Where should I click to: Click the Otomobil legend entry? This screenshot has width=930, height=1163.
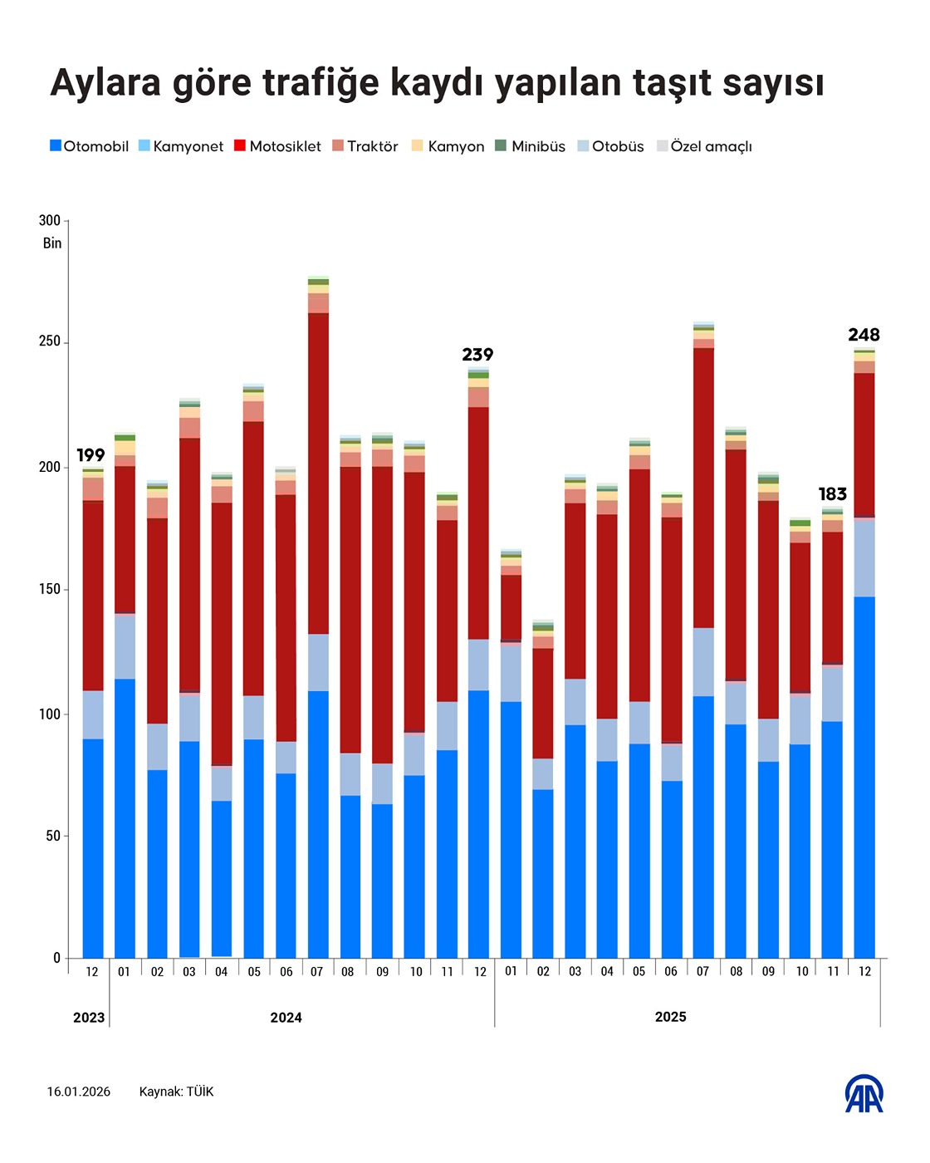pos(89,146)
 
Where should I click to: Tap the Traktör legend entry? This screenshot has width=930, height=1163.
pos(365,146)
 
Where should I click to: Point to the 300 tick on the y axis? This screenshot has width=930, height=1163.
pos(50,220)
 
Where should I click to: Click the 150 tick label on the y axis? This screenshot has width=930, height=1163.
pos(50,589)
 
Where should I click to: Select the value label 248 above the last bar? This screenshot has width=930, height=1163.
pos(864,335)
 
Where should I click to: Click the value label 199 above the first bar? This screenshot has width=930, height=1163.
pos(91,455)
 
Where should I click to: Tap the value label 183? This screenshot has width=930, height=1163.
pos(832,494)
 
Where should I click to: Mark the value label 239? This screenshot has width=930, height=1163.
pos(477,355)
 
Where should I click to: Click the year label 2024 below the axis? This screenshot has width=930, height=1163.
pos(286,1018)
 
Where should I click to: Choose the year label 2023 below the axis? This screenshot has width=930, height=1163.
pos(89,1018)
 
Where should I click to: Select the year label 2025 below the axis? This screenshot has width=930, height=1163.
pos(670,1017)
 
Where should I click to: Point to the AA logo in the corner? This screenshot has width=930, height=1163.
pos(864,1093)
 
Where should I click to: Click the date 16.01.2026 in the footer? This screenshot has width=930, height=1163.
pos(79,1092)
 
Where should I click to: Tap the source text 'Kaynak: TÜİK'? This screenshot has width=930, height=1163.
pos(176,1092)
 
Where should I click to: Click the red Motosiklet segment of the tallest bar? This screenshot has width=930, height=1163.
pos(318,474)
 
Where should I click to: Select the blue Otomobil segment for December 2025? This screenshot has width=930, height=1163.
pos(864,777)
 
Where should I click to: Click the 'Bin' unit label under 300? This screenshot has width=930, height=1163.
pos(52,243)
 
